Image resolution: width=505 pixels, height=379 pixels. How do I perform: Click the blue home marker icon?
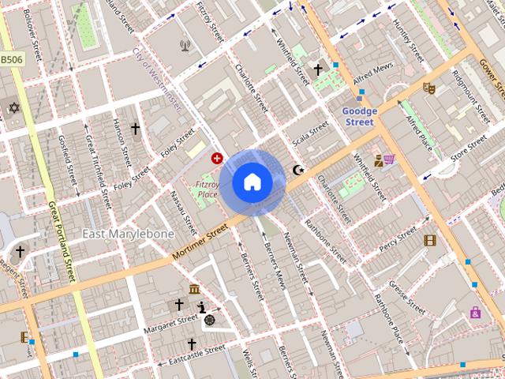tap(252, 182)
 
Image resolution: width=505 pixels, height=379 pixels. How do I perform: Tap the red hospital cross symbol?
tap(217, 158)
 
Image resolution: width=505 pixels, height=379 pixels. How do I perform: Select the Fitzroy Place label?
tap(207, 189)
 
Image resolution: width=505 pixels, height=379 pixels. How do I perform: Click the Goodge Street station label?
tap(360, 117)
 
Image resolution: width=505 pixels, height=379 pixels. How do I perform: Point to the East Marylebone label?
tap(128, 234)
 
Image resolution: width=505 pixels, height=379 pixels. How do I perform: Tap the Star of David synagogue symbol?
tap(13, 107)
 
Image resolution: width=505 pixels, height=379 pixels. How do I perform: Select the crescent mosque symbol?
tap(298, 169)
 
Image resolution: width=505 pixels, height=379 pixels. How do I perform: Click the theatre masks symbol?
tap(428, 88)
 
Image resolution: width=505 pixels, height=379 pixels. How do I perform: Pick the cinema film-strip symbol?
tap(429, 240)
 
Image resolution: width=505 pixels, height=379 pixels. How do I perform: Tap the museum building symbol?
tap(194, 288)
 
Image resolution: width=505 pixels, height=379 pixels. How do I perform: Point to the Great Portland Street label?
tap(62, 242)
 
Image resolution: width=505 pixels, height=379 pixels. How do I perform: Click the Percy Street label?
tap(398, 239)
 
